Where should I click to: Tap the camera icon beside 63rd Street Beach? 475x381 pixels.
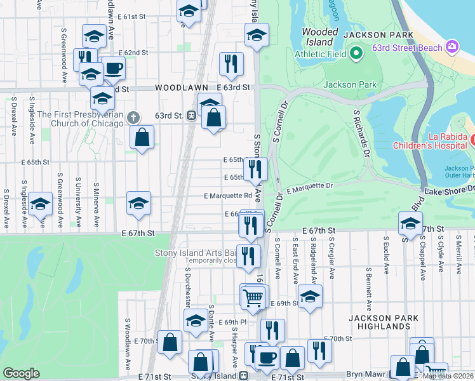[452, 46]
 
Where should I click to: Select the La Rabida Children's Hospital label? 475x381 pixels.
[432, 142]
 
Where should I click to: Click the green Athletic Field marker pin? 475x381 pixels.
[356, 53]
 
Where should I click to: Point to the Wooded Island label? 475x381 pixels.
[320, 37]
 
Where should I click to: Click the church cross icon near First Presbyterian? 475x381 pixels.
[133, 117]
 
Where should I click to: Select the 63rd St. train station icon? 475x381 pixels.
[191, 116]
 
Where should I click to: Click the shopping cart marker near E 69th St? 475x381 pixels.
[253, 297]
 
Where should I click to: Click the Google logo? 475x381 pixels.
[21, 373]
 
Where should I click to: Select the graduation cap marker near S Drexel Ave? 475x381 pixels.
[40, 204]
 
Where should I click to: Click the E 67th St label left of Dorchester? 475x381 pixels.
[138, 234]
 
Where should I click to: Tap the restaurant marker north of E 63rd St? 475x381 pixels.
[231, 63]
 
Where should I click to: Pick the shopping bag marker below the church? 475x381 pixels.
[142, 136]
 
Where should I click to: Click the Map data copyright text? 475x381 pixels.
[448, 376]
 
